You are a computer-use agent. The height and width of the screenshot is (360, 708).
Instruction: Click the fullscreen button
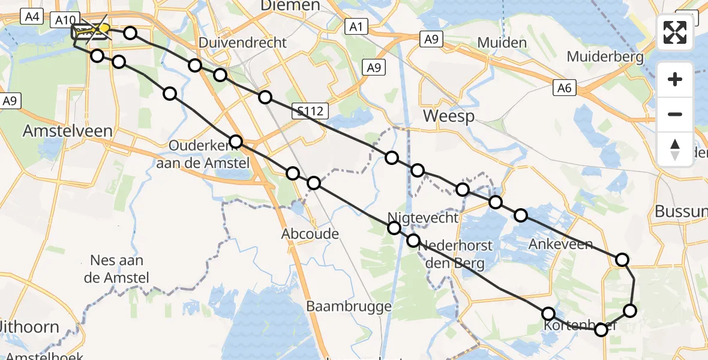(x=675, y=32)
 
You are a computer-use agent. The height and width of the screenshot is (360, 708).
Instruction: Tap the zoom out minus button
(x=675, y=114)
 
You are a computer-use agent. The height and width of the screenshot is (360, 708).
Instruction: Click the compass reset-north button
(x=675, y=149)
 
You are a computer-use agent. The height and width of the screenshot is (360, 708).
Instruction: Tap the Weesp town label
(x=449, y=116)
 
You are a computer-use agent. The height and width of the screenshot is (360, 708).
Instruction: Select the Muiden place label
(x=502, y=43)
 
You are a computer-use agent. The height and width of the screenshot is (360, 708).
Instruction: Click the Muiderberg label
(x=605, y=58)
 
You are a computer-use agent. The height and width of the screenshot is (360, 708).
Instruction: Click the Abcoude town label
(x=310, y=234)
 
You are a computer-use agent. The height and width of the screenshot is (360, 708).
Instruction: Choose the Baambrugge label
(x=349, y=307)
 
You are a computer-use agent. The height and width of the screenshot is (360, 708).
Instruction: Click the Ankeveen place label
(x=560, y=244)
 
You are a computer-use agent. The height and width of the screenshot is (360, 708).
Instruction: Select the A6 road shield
(x=564, y=89)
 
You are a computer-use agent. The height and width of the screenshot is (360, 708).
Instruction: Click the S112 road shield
(x=310, y=110)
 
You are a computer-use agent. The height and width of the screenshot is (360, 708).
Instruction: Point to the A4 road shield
(x=32, y=17)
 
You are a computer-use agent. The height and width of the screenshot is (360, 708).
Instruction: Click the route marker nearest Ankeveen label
(x=521, y=215)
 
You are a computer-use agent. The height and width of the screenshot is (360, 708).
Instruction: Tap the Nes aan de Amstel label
(x=119, y=268)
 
